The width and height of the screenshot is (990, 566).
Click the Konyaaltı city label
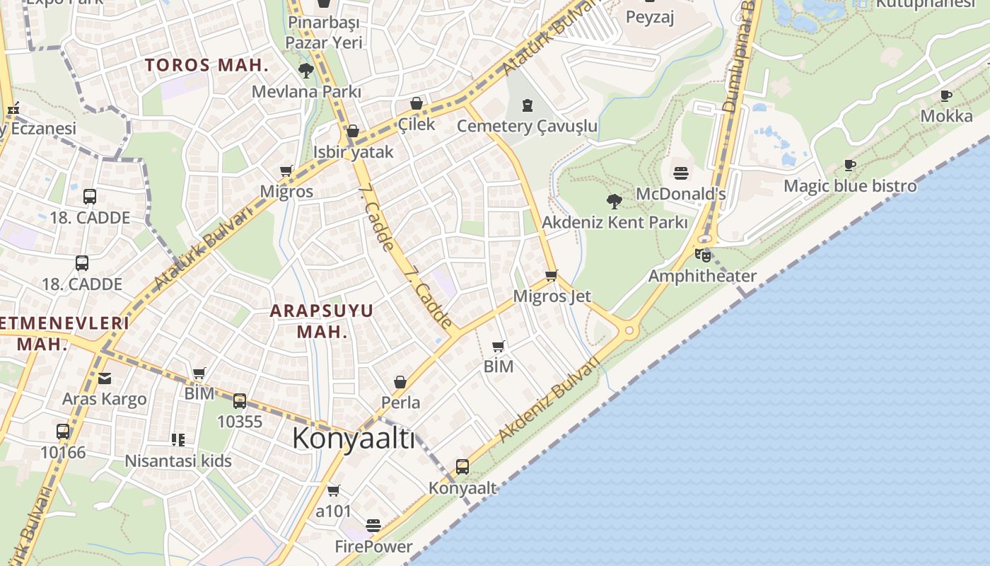354,438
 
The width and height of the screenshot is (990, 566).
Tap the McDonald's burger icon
681,173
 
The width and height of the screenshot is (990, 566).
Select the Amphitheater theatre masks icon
702,255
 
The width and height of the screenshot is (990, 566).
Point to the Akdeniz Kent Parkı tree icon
615,202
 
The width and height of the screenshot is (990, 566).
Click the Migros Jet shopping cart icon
552,275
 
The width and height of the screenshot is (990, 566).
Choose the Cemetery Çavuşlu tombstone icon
527,105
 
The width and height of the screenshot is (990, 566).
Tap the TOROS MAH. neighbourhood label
207,66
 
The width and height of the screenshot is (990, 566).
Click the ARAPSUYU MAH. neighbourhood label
322,320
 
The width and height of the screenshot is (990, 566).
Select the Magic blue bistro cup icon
850,166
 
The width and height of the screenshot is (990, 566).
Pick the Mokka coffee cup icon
946,96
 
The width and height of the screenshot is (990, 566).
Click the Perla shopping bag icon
400,382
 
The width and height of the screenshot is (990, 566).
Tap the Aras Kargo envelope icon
105,379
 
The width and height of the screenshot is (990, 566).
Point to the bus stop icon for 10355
240,401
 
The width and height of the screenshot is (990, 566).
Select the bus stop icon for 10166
63,431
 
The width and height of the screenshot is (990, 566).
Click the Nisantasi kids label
178,461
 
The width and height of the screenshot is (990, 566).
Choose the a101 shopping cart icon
333,490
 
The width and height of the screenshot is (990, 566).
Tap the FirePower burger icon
373,525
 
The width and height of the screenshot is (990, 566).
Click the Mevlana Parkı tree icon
306,70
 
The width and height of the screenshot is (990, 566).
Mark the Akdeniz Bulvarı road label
549,399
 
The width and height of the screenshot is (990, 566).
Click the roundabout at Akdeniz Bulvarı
629,330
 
